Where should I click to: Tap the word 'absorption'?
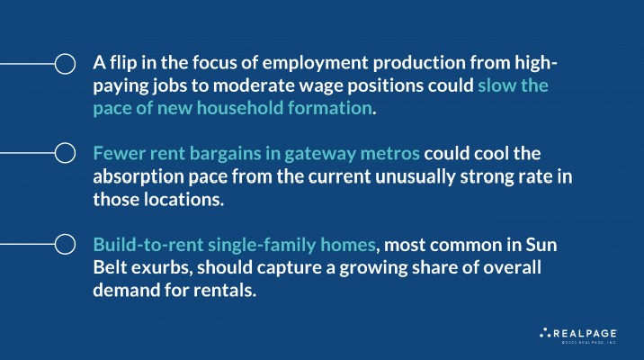[139, 177]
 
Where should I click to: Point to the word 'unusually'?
[416, 177]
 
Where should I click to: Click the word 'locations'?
[183, 199]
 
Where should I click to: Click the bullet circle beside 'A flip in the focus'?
[65, 64]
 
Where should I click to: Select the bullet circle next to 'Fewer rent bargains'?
[65, 153]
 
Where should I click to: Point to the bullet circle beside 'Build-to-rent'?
[65, 244]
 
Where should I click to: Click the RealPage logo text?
[585, 333]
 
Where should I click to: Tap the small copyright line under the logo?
[589, 342]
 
